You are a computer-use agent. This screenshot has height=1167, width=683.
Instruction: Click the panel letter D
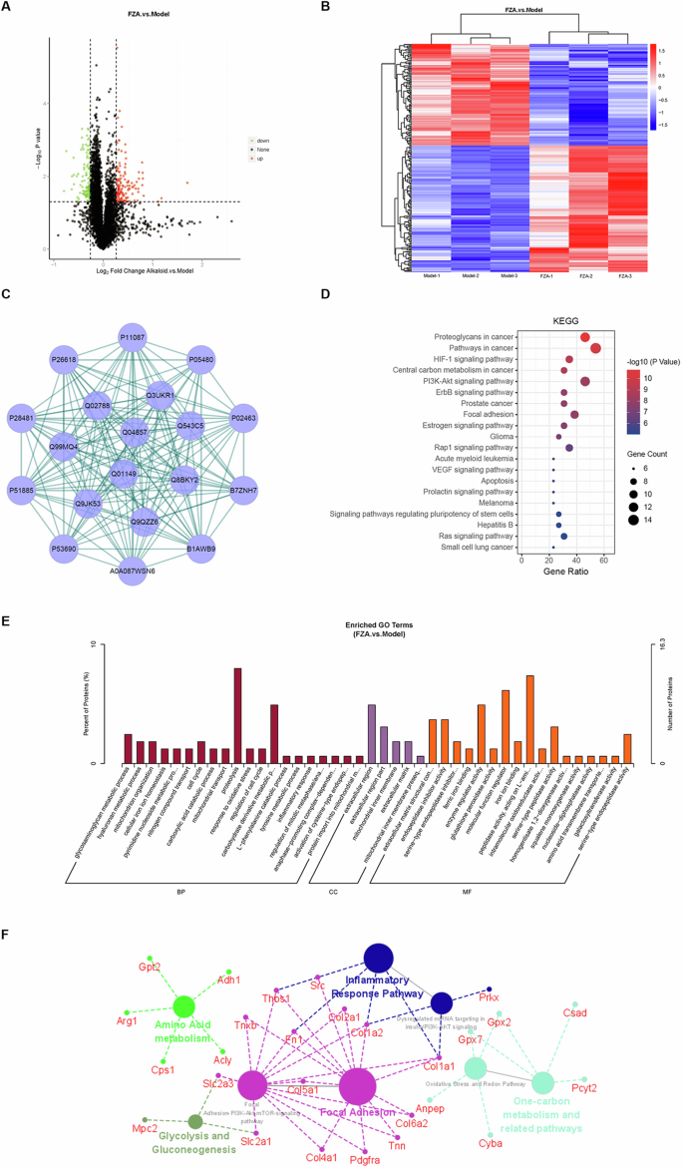point(349,296)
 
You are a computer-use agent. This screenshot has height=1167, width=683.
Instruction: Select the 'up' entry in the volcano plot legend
point(263,159)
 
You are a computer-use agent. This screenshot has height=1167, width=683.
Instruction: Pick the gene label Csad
point(575,1012)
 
